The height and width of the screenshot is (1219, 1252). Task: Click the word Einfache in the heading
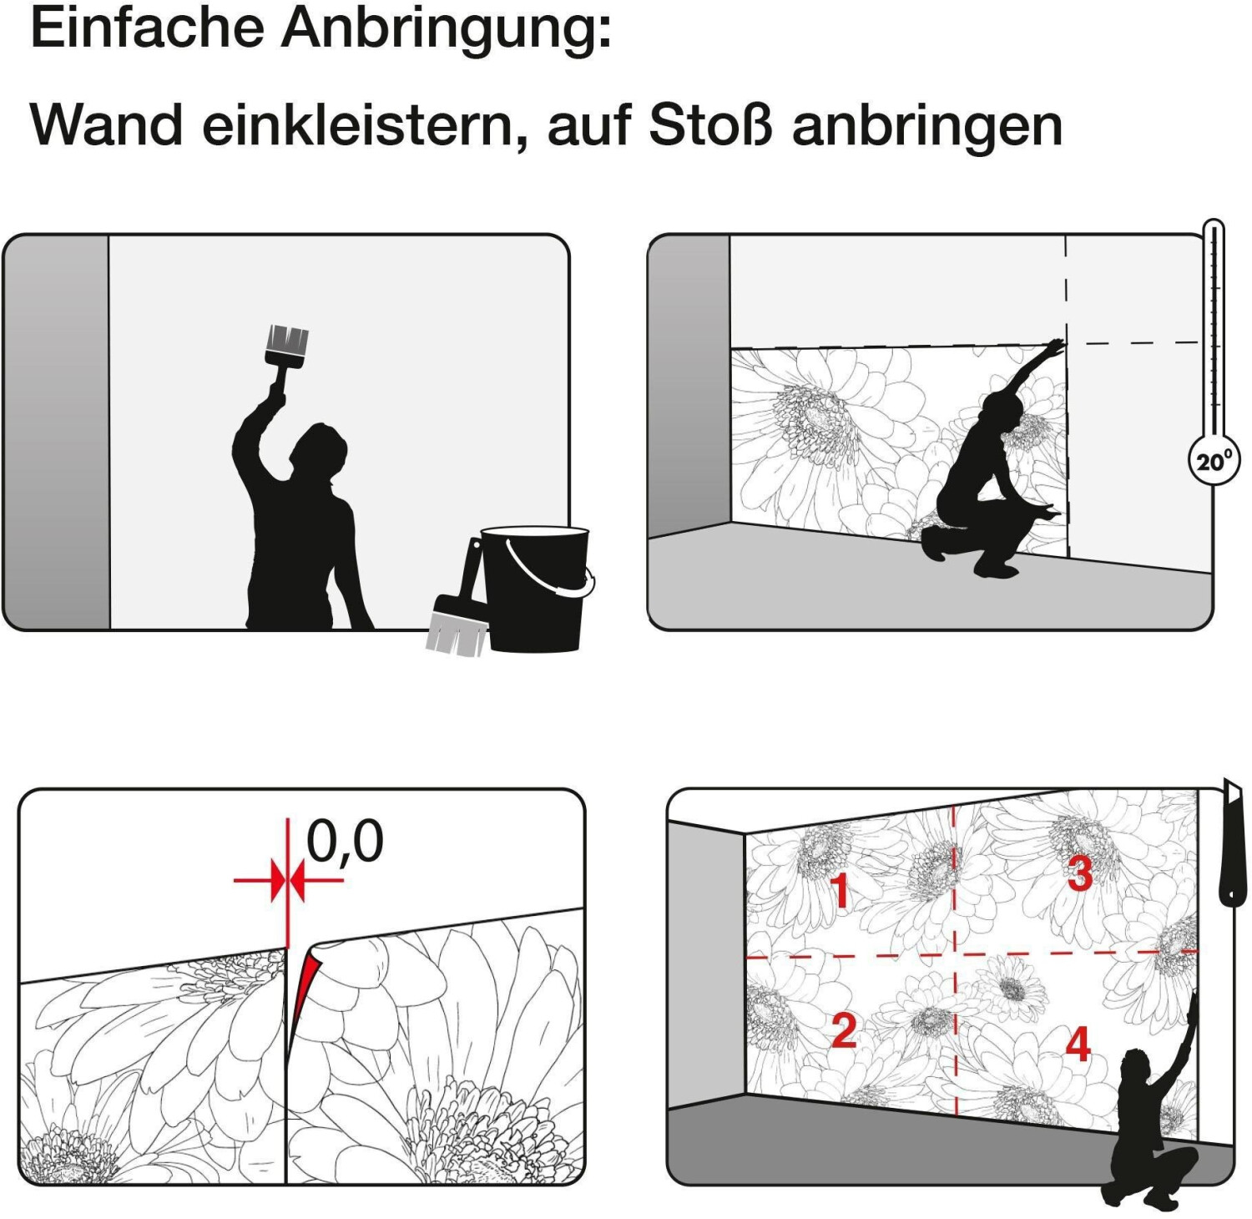tap(148, 28)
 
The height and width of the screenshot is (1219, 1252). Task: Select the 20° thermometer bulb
tap(1214, 459)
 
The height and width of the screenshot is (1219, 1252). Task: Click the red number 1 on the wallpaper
tap(840, 890)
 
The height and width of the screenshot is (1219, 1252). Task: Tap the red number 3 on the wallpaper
tap(1080, 873)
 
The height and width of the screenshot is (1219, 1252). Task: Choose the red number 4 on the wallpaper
tap(1078, 1044)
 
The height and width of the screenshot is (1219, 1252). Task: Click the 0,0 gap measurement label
tap(345, 842)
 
